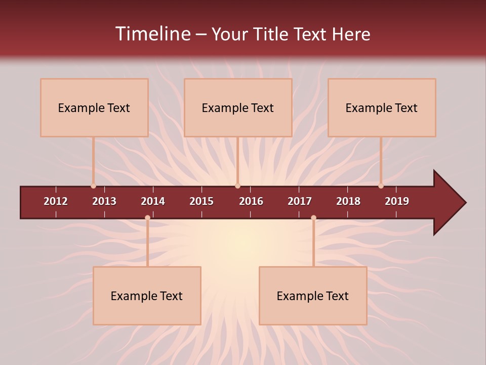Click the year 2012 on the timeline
pyautogui.click(x=56, y=201)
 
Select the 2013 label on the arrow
pyautogui.click(x=104, y=201)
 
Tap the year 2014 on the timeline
pyautogui.click(x=153, y=201)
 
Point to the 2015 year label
pyautogui.click(x=201, y=201)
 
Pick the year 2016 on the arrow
pyautogui.click(x=251, y=201)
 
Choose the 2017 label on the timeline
pyautogui.click(x=300, y=201)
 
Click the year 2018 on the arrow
pyautogui.click(x=348, y=201)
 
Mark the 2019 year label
pyautogui.click(x=397, y=201)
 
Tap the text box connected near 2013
pyautogui.click(x=94, y=107)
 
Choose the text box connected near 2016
pyautogui.click(x=238, y=107)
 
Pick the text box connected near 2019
pyautogui.click(x=382, y=107)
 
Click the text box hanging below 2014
pyautogui.click(x=147, y=296)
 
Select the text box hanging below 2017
pyautogui.click(x=313, y=296)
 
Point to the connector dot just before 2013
pyautogui.click(x=94, y=186)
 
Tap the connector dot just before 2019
pyautogui.click(x=381, y=186)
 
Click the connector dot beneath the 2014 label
pyautogui.click(x=147, y=217)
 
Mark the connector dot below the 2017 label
pyautogui.click(x=313, y=217)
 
